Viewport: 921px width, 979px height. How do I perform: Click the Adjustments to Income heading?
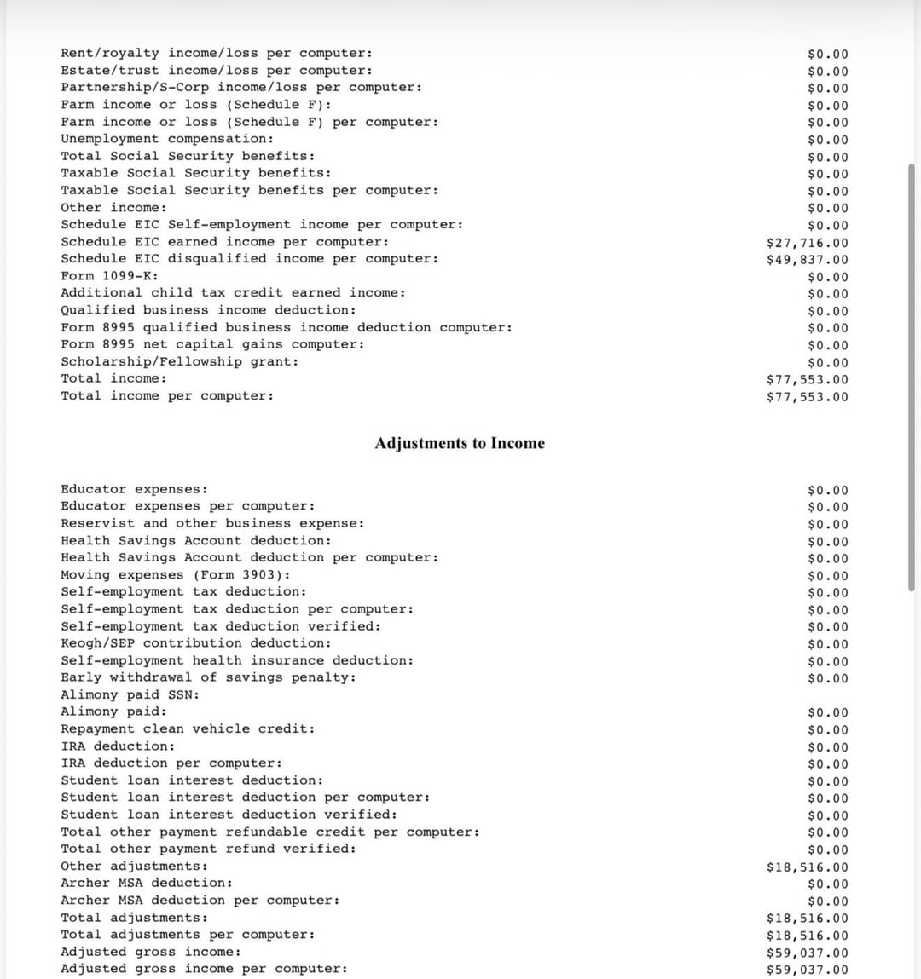point(460,443)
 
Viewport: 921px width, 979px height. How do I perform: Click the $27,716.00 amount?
point(807,243)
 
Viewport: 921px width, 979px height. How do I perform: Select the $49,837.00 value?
point(807,260)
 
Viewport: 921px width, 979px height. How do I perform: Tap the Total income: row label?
point(113,378)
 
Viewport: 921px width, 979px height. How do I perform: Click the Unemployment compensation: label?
point(167,139)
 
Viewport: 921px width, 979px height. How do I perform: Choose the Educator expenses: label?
point(134,489)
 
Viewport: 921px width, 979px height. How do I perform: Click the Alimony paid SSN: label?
point(130,694)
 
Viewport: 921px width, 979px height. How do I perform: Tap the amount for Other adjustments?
point(807,867)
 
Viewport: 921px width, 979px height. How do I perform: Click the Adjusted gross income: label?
point(150,952)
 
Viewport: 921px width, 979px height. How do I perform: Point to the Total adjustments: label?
point(134,918)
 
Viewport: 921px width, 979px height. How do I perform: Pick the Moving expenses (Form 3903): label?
point(175,575)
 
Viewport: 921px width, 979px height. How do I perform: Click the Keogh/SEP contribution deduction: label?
point(196,643)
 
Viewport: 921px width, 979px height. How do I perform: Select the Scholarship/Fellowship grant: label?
point(180,361)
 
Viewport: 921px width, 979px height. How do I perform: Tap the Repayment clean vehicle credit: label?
point(188,728)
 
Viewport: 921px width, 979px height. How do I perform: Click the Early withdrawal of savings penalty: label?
point(208,677)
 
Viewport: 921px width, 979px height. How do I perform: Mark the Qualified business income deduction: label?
point(208,310)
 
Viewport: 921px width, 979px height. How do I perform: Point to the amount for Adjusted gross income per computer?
point(807,970)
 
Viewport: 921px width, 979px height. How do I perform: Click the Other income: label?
point(113,208)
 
